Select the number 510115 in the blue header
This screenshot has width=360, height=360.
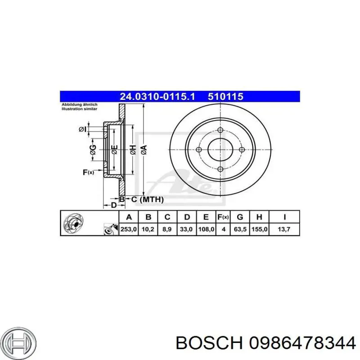(x=225, y=96)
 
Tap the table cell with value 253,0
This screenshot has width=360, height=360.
(x=128, y=229)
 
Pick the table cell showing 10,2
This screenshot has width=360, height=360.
(x=148, y=229)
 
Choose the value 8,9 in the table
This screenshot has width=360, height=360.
(x=167, y=229)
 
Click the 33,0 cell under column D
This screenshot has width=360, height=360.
(x=186, y=229)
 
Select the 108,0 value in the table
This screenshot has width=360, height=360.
(x=206, y=229)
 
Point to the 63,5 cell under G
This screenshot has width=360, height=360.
(x=240, y=229)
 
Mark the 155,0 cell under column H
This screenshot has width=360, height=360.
(x=259, y=229)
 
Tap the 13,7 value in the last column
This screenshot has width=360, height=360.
(x=284, y=229)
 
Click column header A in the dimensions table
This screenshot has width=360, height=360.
(x=128, y=217)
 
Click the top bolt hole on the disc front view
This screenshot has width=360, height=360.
(x=220, y=130)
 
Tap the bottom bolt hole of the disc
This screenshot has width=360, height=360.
(x=220, y=169)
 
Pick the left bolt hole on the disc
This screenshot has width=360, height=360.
(x=199, y=149)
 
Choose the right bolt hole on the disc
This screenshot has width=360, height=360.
(x=241, y=149)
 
